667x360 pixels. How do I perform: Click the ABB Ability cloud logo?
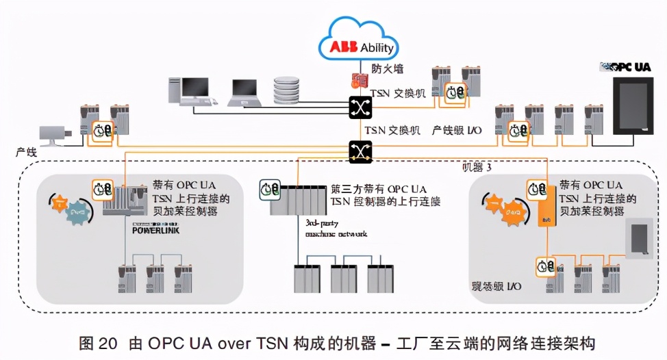pos(359,44)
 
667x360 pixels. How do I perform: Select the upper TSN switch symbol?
pos(360,107)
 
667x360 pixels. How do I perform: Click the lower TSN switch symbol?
pos(360,151)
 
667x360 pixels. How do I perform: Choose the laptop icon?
pos(244,92)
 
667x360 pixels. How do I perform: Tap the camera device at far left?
pos(55,135)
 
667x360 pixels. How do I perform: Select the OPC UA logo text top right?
pos(625,67)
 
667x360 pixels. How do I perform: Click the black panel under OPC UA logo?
pos(631,110)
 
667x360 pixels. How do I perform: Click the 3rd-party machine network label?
pos(335,229)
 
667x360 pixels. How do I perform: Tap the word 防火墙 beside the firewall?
pos(387,68)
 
